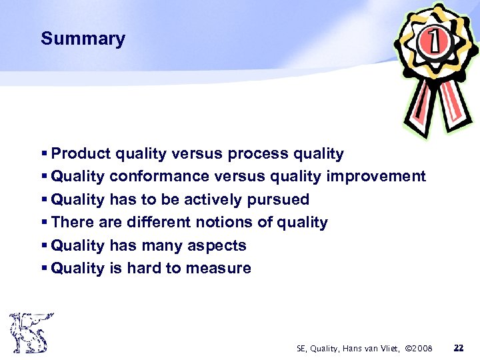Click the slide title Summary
point(83,39)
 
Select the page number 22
point(458,348)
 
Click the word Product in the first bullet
point(81,154)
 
